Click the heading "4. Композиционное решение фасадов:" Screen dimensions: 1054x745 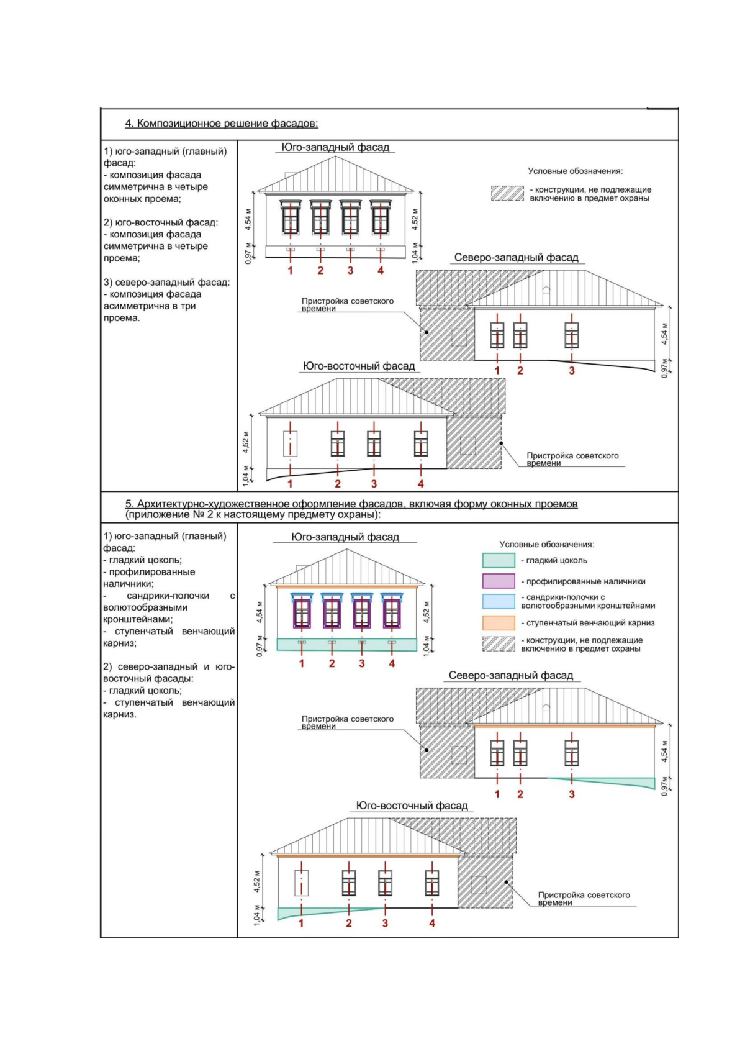(222, 124)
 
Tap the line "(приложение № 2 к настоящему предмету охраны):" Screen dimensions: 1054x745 (253, 515)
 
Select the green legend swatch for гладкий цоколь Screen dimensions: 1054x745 (499, 561)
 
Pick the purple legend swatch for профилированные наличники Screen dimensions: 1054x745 (499, 581)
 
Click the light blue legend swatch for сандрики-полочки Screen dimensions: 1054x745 (499, 601)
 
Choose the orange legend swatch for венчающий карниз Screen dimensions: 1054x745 (499, 623)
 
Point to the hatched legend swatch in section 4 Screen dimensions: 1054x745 (507, 193)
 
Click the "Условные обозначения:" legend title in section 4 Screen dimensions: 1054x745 (575, 171)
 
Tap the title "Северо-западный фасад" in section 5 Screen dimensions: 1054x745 (511, 676)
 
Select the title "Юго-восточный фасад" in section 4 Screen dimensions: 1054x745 (359, 366)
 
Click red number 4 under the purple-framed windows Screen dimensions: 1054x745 (392, 664)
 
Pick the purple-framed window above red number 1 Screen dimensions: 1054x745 (302, 613)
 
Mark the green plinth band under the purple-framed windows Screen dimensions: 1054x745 (346, 645)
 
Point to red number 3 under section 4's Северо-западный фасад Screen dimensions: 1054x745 (572, 371)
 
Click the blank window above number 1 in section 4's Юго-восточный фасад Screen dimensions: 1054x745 (290, 444)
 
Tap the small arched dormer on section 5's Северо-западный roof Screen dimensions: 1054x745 (546, 707)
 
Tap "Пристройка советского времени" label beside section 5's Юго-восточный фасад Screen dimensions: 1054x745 (584, 899)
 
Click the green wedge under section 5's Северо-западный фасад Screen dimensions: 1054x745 (627, 783)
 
